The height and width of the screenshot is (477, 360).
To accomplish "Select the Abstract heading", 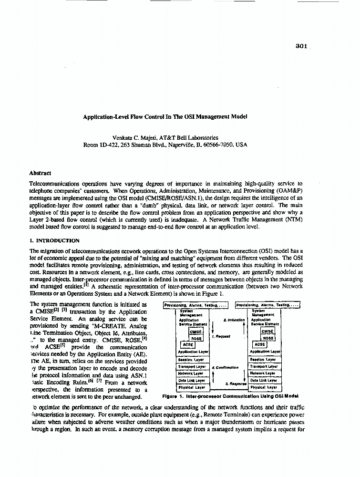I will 40,174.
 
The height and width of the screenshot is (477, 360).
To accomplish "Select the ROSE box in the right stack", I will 268,338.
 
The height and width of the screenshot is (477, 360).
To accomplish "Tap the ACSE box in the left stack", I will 187,344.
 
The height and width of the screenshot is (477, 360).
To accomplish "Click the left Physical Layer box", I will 192,388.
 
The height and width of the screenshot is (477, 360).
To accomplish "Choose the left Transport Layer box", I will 192,366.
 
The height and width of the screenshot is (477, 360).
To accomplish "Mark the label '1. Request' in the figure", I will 221,336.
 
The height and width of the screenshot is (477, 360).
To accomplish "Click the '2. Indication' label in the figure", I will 234,320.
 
